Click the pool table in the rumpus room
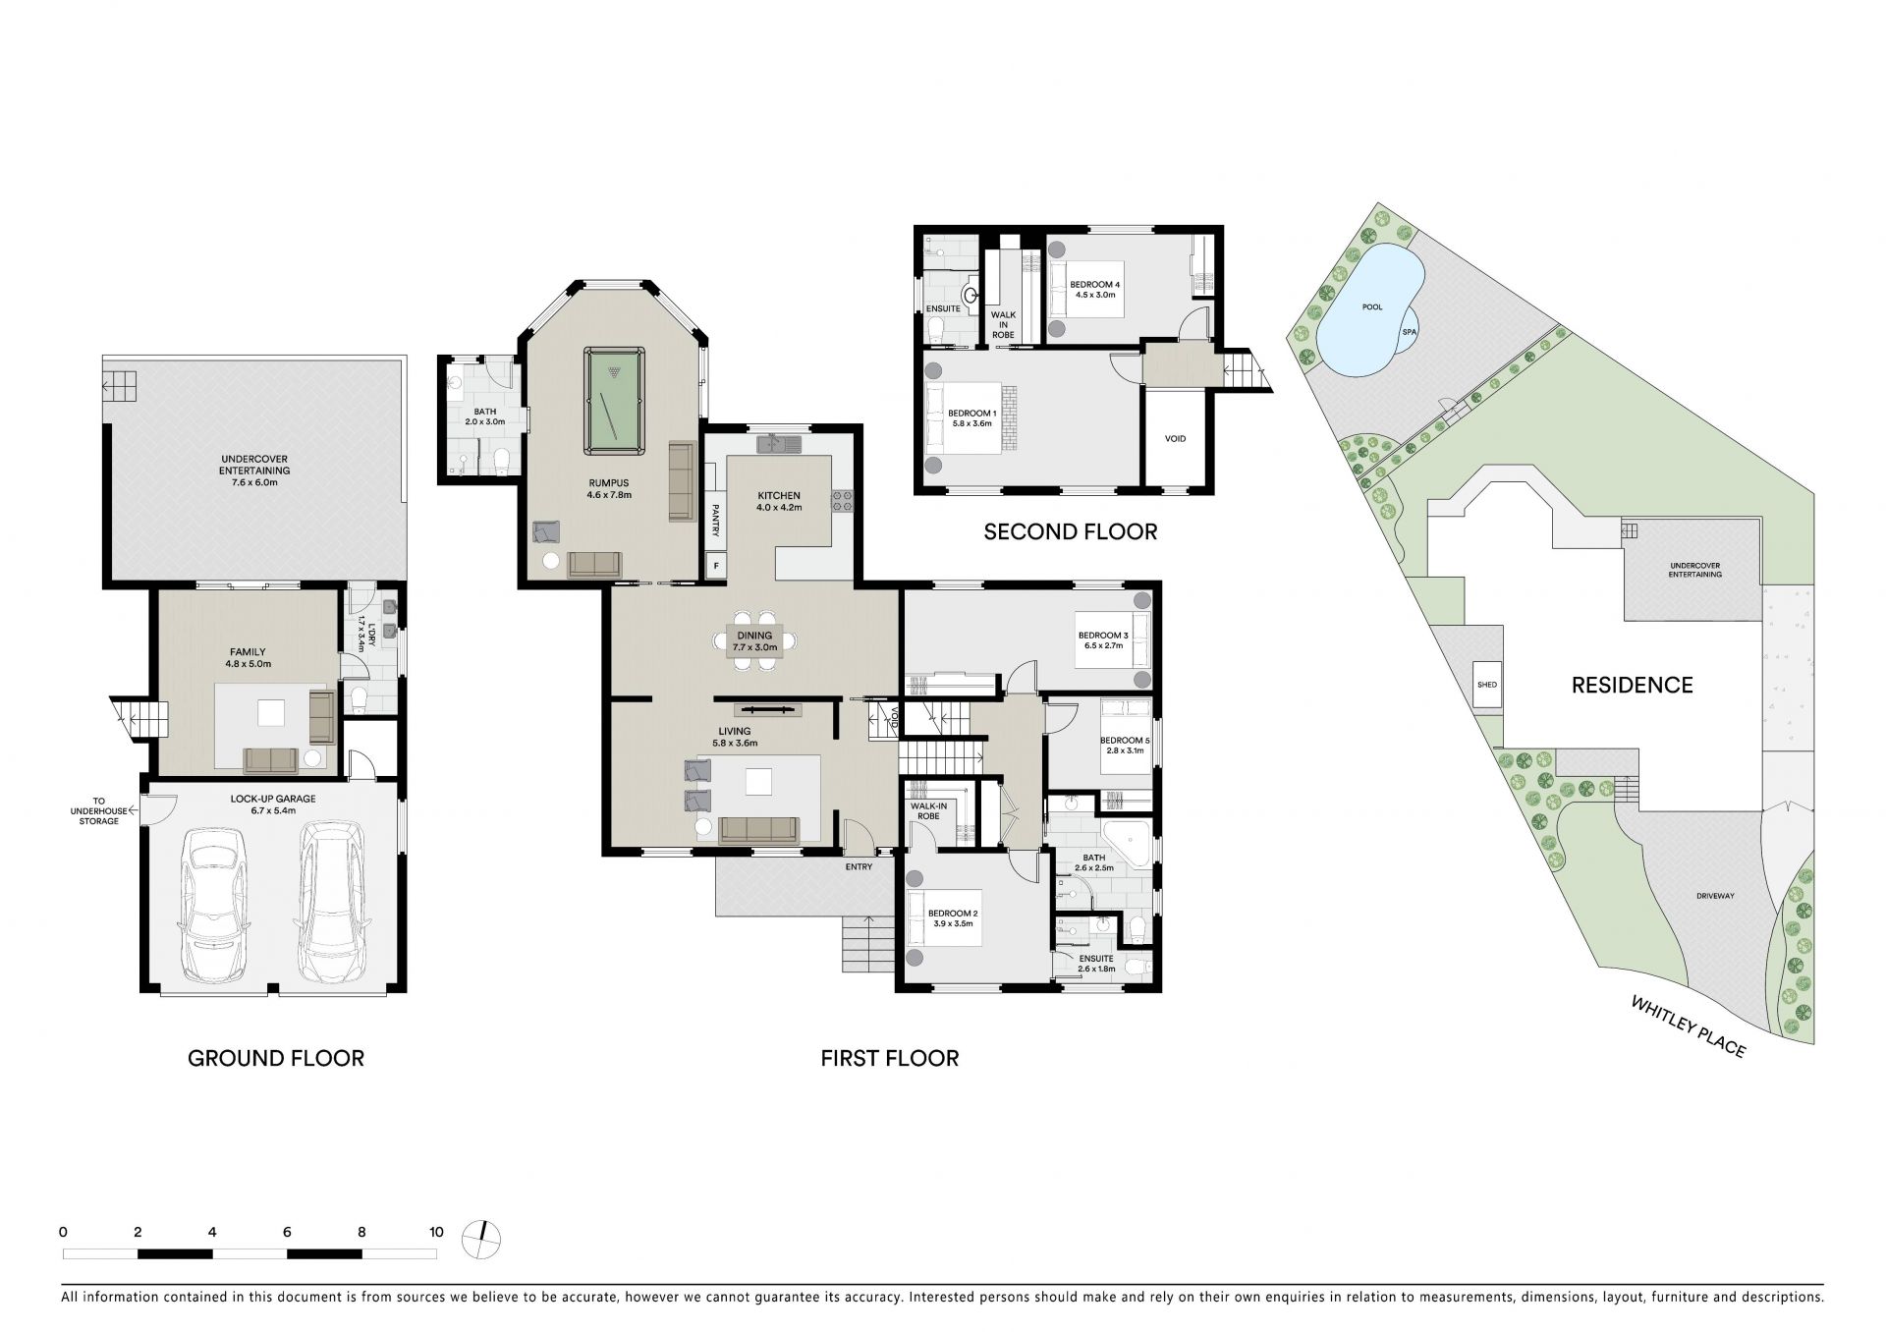(x=615, y=401)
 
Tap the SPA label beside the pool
(x=1410, y=332)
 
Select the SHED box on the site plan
(x=1486, y=685)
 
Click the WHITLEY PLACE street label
(x=1689, y=1027)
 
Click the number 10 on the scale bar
(x=436, y=1232)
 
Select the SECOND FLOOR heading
(x=1071, y=531)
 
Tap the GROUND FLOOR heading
(x=276, y=1058)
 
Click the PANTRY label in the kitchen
(x=716, y=520)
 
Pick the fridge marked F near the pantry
(x=716, y=566)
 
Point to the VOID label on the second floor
(x=1175, y=438)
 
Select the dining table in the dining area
(x=755, y=640)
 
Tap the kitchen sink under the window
(x=780, y=444)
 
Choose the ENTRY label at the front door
(x=858, y=866)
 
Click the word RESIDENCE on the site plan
(x=1633, y=685)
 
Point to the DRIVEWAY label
(x=1715, y=896)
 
